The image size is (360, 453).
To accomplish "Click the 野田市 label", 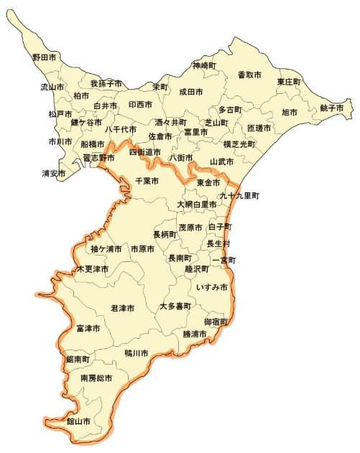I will click(x=44, y=57).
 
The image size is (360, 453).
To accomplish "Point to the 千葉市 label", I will click(x=147, y=182).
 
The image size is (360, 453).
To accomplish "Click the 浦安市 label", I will click(x=54, y=174).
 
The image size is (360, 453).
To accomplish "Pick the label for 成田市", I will click(x=191, y=92).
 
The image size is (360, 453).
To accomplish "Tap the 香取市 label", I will click(x=249, y=75).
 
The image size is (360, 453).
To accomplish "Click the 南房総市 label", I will click(x=96, y=378).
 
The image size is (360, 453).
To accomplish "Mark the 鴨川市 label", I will click(x=136, y=353).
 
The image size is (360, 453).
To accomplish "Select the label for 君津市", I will click(x=123, y=308).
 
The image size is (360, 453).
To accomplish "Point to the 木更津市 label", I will click(x=93, y=269).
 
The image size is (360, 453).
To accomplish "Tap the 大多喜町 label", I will click(x=175, y=307).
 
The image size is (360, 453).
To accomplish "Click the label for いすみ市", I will click(x=212, y=287).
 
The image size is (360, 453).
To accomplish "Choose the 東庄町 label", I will click(x=289, y=82).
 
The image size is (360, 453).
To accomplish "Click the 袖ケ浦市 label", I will click(x=106, y=249).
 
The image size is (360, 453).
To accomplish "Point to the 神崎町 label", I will click(x=204, y=66).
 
